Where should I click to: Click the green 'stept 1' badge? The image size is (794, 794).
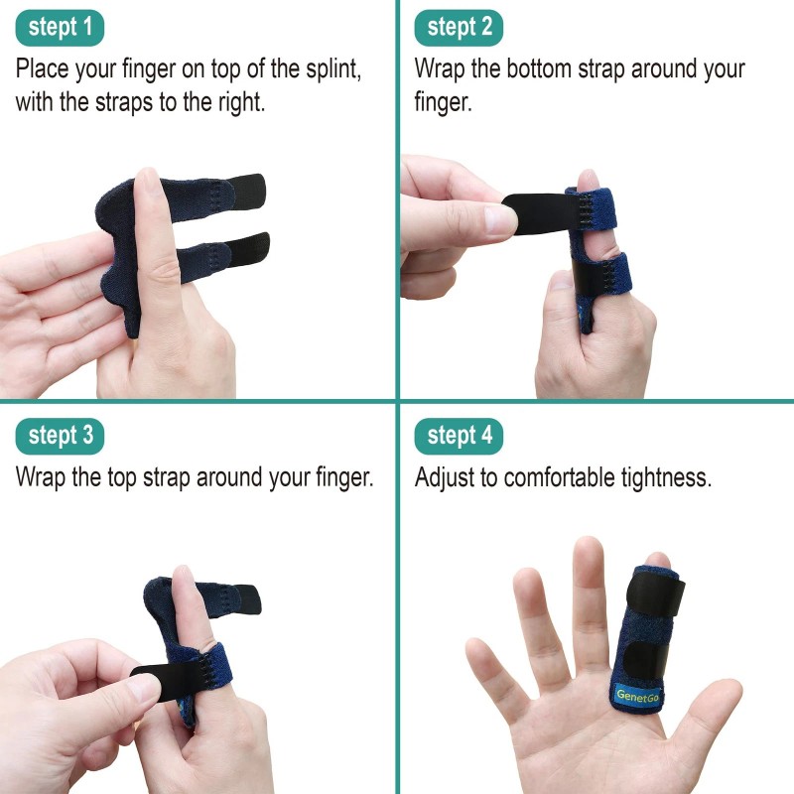click(60, 28)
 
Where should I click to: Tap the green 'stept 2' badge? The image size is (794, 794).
click(459, 28)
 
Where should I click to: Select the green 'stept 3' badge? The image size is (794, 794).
click(60, 435)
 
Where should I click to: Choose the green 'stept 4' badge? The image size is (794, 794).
click(459, 435)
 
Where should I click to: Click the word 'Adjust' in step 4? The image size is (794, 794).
click(444, 477)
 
